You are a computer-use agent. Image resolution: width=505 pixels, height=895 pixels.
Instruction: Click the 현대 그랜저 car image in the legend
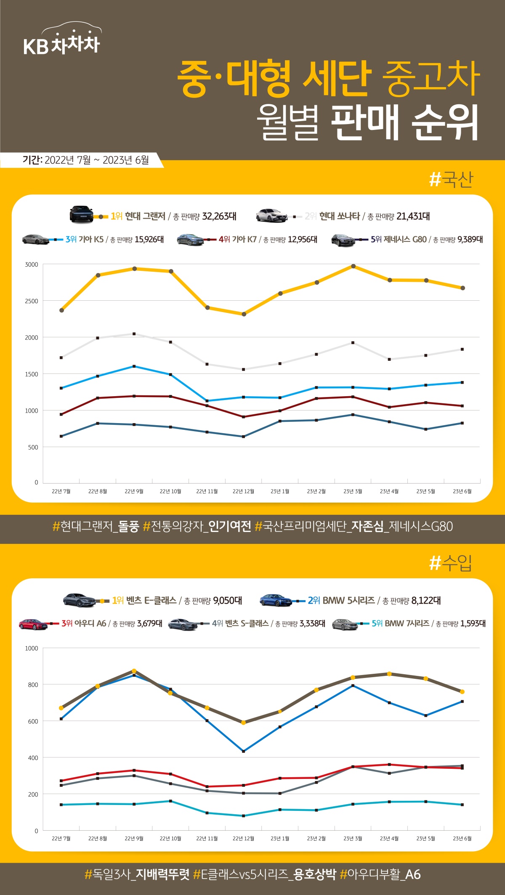[81, 214]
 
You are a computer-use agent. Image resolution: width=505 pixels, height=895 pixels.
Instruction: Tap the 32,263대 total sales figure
[219, 216]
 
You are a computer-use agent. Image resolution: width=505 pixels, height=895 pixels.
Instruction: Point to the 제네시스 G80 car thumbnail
[343, 240]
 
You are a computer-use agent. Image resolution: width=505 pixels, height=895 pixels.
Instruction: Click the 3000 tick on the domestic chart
[32, 265]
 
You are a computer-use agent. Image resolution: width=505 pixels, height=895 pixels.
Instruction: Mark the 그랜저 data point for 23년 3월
[353, 266]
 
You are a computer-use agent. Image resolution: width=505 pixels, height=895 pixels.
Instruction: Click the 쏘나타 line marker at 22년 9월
[134, 334]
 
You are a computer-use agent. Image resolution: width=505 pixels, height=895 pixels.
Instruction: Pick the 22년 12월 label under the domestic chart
[243, 491]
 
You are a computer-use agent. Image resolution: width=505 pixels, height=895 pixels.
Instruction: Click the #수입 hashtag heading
[451, 563]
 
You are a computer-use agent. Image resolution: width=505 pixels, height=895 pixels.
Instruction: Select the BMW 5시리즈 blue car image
[275, 600]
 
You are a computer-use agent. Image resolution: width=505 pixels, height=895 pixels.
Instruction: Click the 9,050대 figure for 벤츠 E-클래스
[227, 601]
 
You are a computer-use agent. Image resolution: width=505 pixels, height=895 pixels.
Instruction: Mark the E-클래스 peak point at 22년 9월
[134, 671]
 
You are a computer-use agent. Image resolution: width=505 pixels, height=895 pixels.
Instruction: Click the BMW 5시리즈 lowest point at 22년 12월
[244, 751]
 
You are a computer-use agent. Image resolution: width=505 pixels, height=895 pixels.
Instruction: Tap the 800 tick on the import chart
[33, 685]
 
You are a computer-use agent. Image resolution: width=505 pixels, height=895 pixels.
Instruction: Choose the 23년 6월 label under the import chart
[462, 839]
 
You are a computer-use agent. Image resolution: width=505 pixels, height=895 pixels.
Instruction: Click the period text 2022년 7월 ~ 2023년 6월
[96, 160]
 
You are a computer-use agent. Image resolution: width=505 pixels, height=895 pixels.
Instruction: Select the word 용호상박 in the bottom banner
[315, 875]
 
